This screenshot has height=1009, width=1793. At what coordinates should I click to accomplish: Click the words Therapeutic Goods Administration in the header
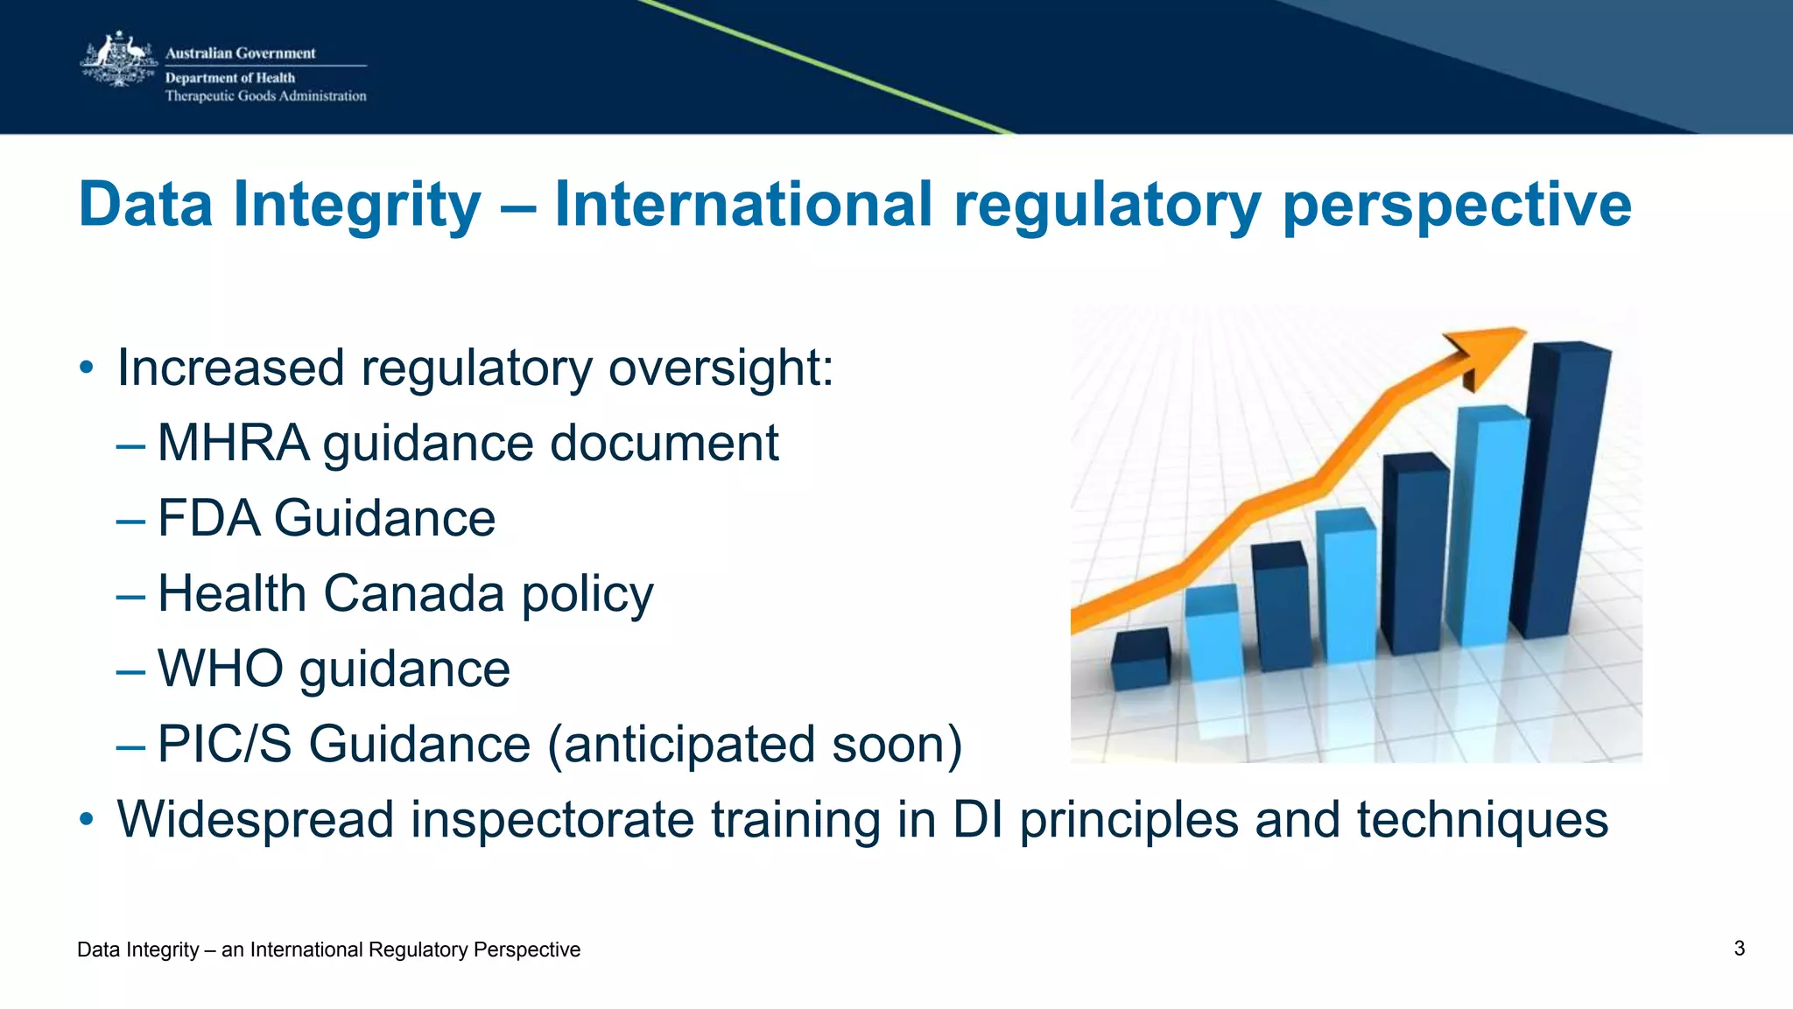[x=265, y=96]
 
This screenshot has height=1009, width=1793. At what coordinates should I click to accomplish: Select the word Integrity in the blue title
[x=357, y=205]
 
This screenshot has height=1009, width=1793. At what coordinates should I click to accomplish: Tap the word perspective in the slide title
[x=1456, y=205]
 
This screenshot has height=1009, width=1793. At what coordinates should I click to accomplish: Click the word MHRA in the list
[x=233, y=443]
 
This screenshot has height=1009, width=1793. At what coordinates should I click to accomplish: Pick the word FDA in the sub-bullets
[x=208, y=518]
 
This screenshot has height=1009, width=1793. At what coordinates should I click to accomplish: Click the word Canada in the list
[x=414, y=593]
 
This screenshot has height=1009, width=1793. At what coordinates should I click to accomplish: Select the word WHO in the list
[x=221, y=669]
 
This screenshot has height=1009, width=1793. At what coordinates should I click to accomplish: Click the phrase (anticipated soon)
[x=755, y=745]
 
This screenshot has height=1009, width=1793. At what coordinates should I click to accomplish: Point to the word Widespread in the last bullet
[x=256, y=820]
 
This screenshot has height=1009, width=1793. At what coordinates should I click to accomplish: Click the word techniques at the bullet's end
[x=1482, y=820]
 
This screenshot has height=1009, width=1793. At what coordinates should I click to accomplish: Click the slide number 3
[x=1739, y=949]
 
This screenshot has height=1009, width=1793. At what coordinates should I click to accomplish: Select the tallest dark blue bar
[x=1563, y=490]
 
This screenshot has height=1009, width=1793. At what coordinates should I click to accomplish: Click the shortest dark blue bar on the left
[x=1140, y=661]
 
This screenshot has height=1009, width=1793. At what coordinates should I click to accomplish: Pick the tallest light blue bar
[x=1488, y=525]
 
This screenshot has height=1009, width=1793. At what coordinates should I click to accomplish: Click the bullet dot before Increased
[x=86, y=368]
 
